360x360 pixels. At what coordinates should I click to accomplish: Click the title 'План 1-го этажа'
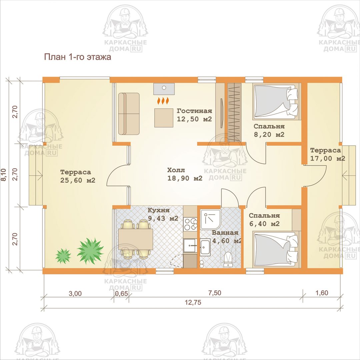point(77,57)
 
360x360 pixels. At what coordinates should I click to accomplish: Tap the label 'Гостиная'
point(194,111)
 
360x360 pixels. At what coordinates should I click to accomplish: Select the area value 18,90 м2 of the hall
point(185,178)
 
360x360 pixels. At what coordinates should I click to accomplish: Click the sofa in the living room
point(129,114)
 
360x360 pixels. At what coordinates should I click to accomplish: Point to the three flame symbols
point(163,101)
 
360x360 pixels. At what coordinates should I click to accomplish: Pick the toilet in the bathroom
point(228,259)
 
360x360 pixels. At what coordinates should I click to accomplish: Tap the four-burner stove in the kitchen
point(190,224)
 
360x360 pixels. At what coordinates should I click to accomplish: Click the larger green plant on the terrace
point(90,251)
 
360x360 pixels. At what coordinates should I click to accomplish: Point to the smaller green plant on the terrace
point(63,256)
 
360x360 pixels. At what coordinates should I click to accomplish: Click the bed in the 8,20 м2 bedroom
point(277,101)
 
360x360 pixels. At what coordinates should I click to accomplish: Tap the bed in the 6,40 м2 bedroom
point(277,250)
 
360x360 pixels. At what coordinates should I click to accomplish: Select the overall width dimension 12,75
point(193,302)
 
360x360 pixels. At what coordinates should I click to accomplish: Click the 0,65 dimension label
point(121,294)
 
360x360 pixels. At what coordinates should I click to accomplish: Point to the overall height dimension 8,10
point(4,175)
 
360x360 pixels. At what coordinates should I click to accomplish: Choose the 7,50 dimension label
point(215,293)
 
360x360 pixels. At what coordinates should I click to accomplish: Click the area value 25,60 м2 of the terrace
point(78,180)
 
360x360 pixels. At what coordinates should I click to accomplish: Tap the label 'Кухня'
point(159,210)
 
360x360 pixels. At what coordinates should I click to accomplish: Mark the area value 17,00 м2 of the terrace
point(328,158)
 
